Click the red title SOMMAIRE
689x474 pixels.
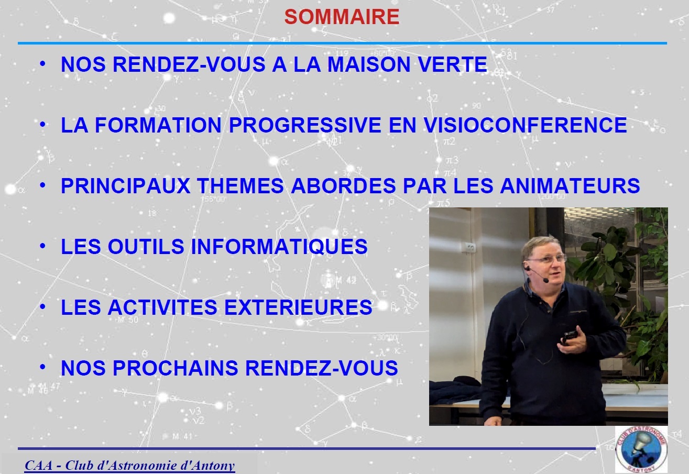pos(342,17)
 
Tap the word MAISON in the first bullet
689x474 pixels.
pos(368,64)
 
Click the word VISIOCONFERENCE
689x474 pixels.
pos(525,125)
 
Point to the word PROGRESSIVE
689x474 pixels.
pos(305,125)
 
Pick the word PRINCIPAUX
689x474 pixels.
pos(126,185)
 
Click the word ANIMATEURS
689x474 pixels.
pos(570,185)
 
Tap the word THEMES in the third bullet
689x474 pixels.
pos(240,185)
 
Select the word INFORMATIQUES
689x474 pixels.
pos(279,247)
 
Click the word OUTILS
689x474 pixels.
pos(146,247)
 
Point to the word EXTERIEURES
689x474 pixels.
pos(298,307)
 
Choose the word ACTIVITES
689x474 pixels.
pos(162,307)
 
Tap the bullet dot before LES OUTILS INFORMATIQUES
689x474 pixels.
pos(42,246)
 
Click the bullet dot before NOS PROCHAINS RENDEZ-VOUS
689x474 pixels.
pos(42,367)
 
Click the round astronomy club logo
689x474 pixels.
pos(641,449)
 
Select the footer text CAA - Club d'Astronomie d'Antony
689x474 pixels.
pos(129,466)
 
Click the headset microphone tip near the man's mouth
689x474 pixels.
pos(545,280)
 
